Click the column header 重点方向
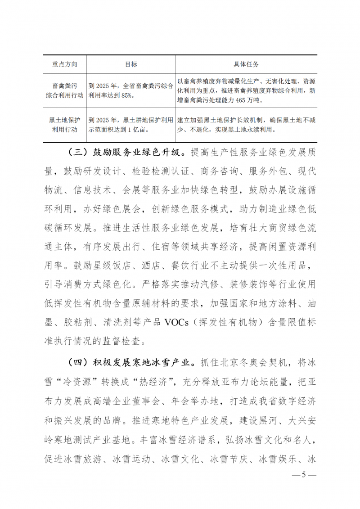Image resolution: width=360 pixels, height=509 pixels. (65, 64)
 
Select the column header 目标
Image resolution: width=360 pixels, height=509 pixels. (130, 64)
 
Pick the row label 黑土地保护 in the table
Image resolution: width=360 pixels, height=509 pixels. (65, 120)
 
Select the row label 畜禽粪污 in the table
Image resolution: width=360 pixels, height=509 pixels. (65, 84)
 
